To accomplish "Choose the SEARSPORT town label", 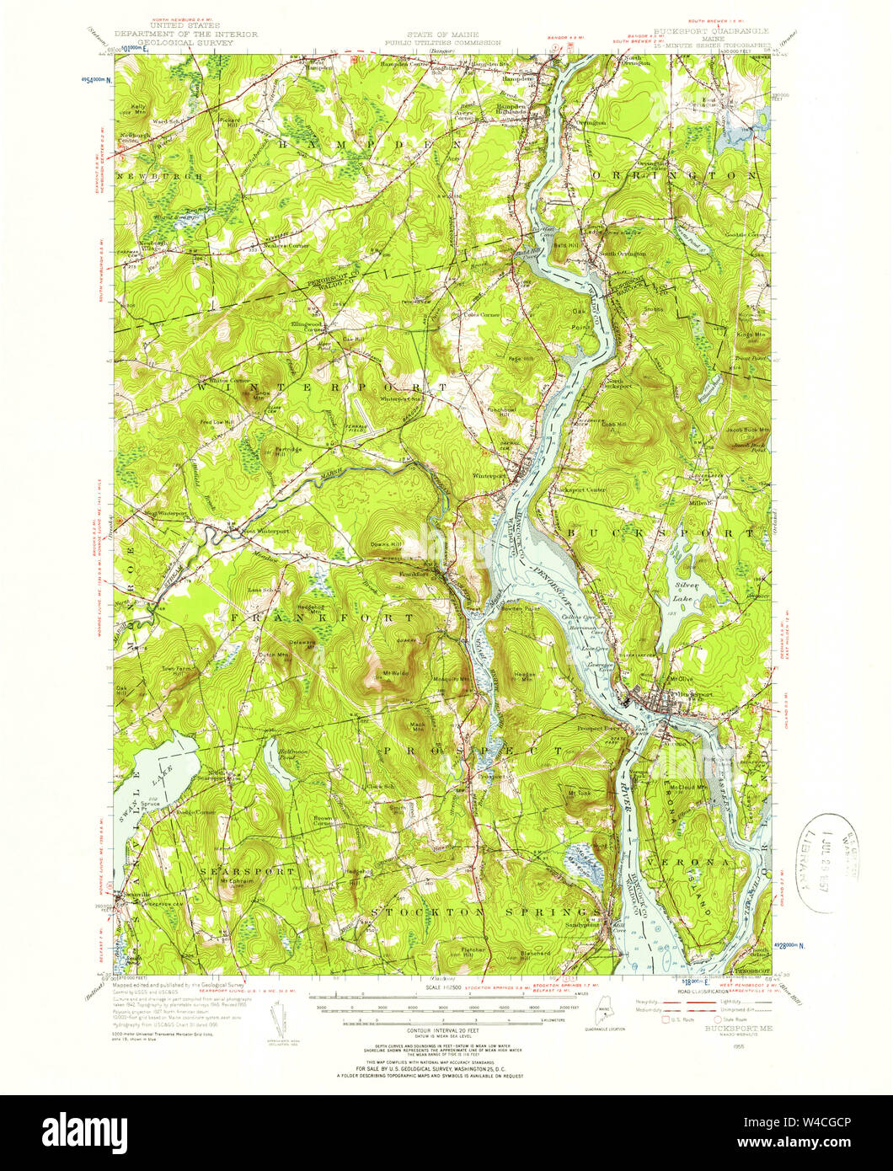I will coord(247,869).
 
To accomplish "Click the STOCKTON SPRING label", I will coord(476,912).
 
